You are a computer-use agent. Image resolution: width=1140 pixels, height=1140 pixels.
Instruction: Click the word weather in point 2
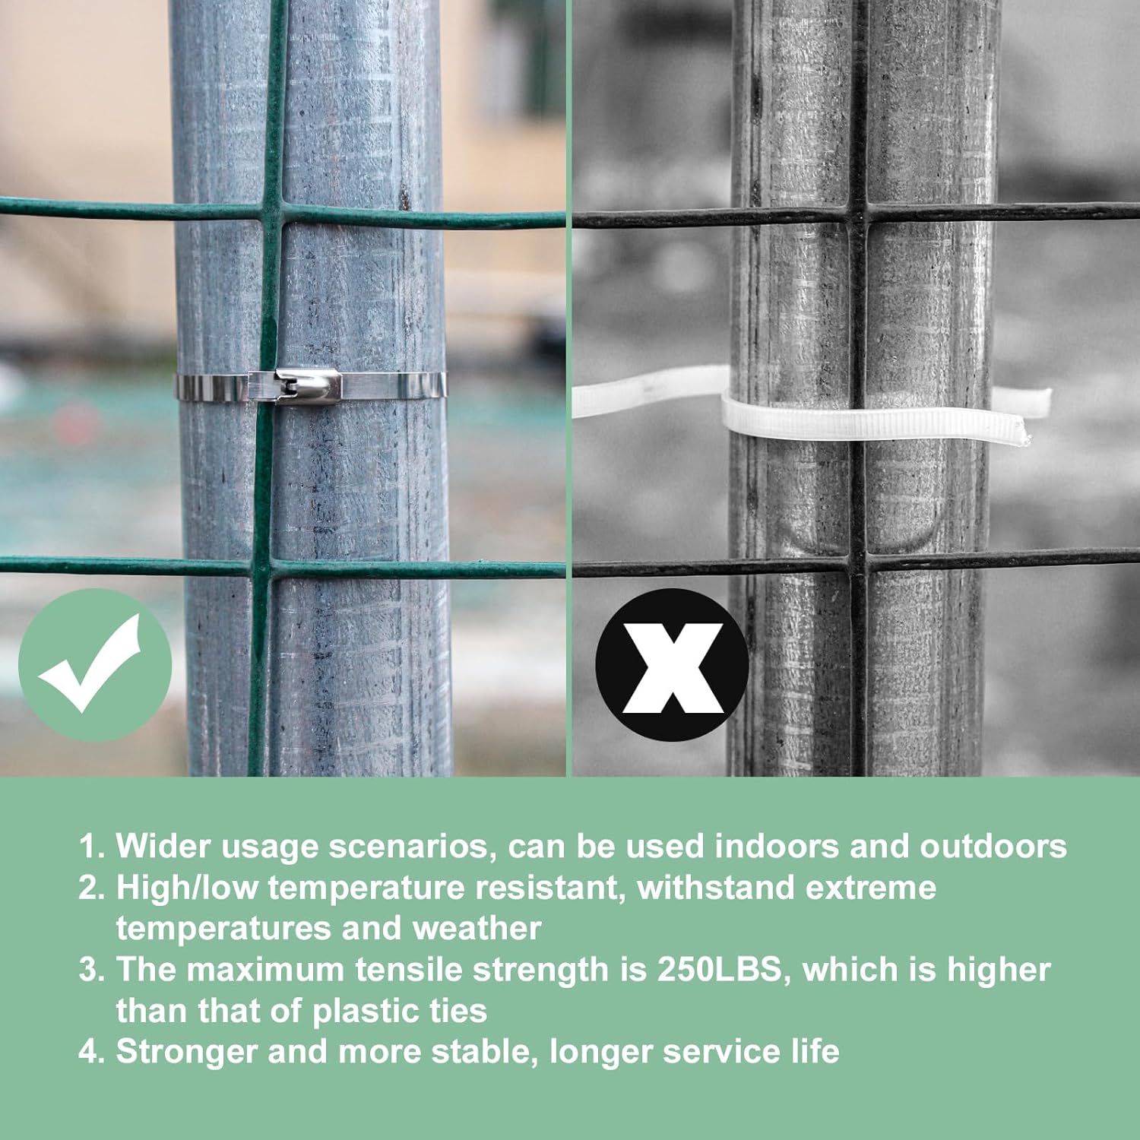click(x=477, y=929)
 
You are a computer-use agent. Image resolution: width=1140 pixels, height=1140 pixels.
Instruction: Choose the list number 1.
click(x=91, y=847)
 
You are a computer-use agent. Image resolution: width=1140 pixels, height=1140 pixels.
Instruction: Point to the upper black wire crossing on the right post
click(x=858, y=214)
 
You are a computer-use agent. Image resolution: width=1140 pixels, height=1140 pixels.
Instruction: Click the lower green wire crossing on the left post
click(x=261, y=567)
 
